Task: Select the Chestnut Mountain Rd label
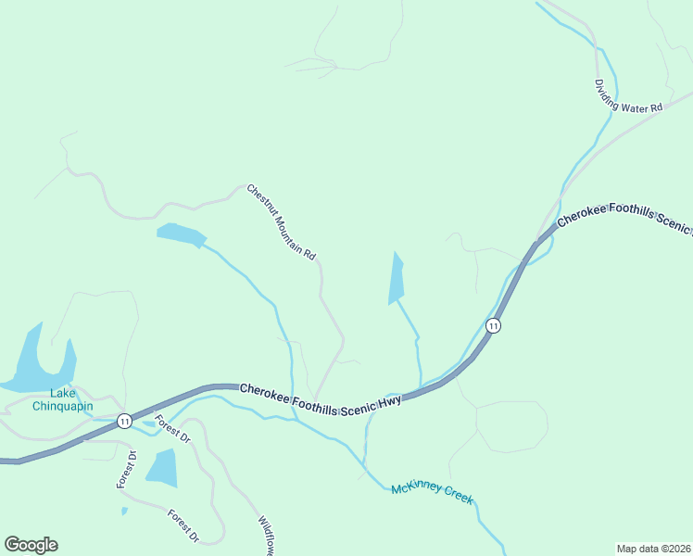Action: [x=282, y=221]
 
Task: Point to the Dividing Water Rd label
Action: [x=629, y=95]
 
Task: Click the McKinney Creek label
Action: [x=432, y=493]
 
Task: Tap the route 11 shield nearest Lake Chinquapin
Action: [x=124, y=422]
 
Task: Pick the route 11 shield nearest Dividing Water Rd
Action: [x=494, y=325]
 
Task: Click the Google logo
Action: [x=31, y=545]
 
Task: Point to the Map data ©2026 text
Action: [x=653, y=548]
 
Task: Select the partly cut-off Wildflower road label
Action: [x=266, y=537]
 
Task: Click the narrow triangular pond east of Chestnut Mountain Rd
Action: [x=397, y=279]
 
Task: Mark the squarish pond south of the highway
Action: [x=162, y=467]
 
